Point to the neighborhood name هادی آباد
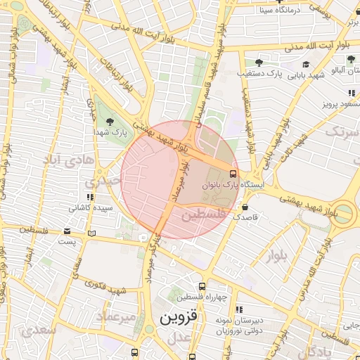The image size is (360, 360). click(x=67, y=160)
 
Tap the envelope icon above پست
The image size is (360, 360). click(x=67, y=231)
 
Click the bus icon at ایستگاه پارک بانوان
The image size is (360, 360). click(x=232, y=172)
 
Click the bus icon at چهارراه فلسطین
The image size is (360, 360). click(x=202, y=286)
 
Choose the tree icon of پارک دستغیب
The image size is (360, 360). click(x=259, y=63)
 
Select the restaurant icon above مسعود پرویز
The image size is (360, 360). click(x=350, y=93)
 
